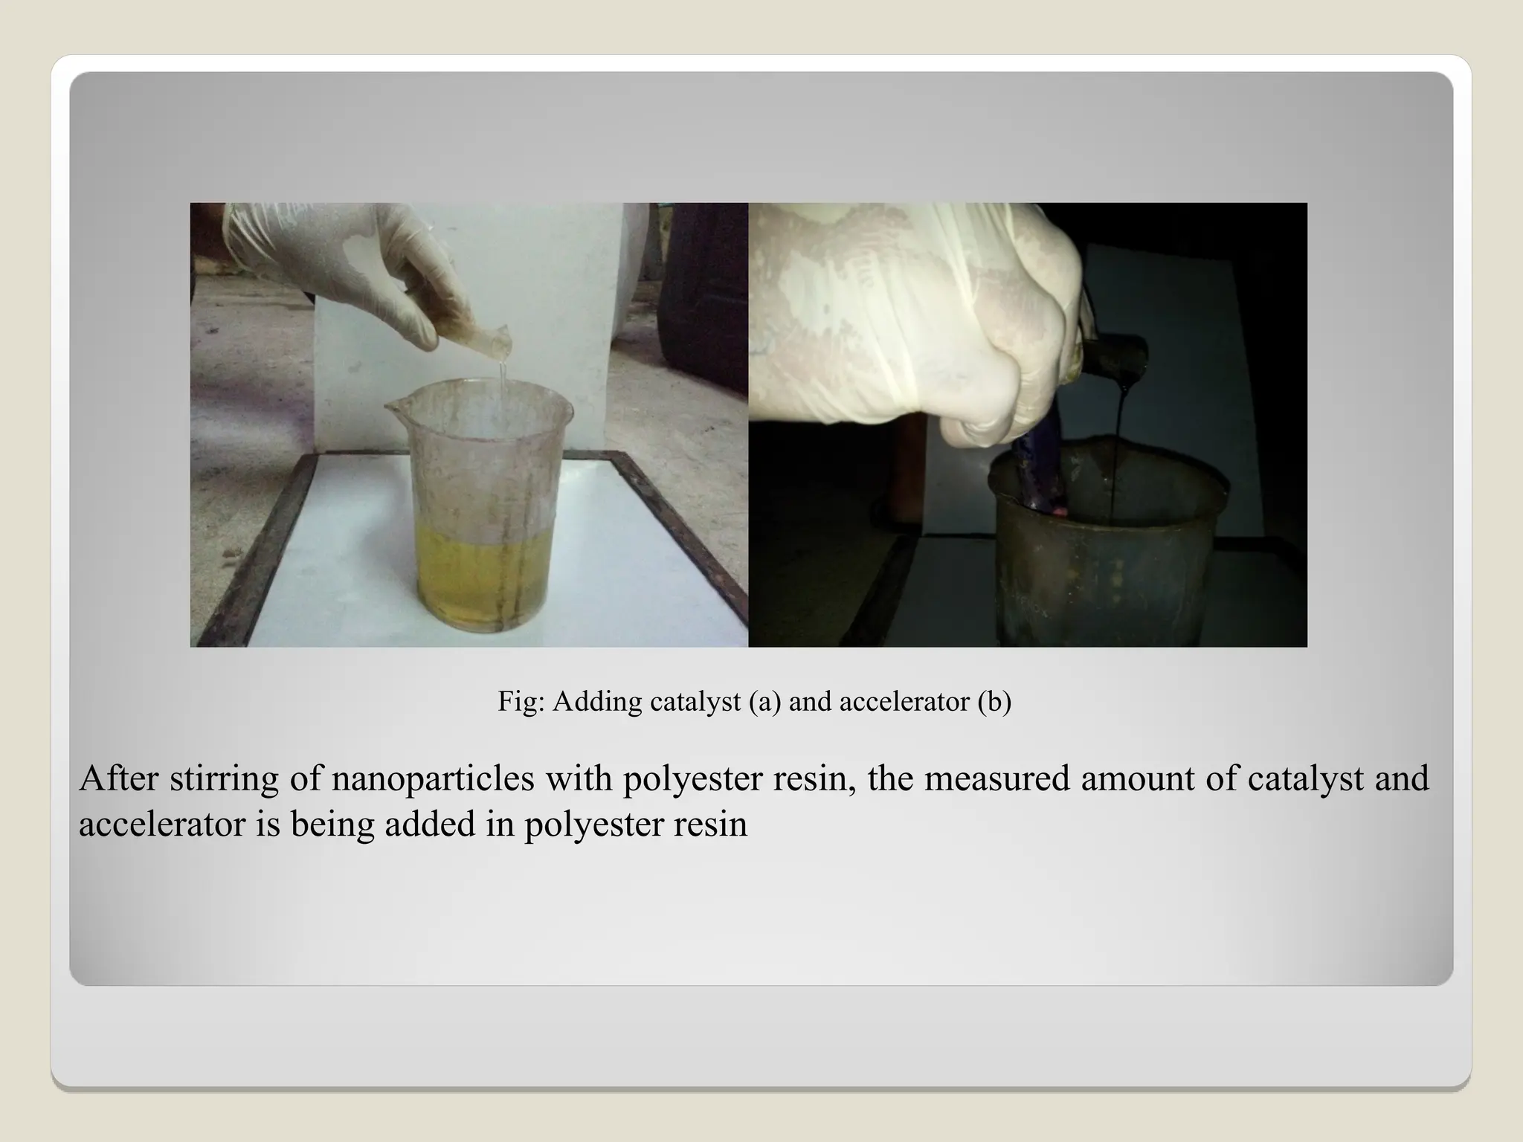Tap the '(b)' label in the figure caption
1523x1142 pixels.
pyautogui.click(x=994, y=701)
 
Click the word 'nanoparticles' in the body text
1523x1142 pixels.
pyautogui.click(x=433, y=778)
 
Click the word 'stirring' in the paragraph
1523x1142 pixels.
pyautogui.click(x=224, y=778)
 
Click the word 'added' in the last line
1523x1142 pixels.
pyautogui.click(x=430, y=824)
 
